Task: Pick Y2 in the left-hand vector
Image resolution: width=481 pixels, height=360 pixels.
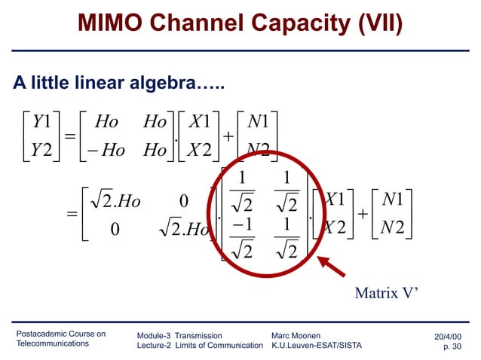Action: tap(36, 150)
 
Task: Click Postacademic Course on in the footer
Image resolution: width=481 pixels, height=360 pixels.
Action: tap(61, 334)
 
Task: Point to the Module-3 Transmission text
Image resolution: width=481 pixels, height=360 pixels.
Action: tap(179, 335)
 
